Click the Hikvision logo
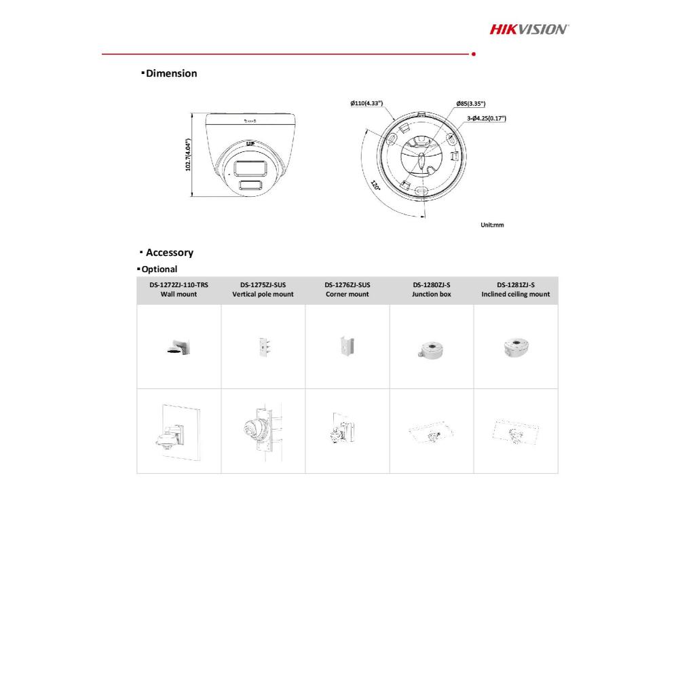click(529, 29)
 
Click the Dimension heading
click(171, 73)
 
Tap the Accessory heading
click(169, 252)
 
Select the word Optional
click(159, 269)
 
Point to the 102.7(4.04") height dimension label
click(189, 156)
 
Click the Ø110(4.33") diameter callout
click(367, 103)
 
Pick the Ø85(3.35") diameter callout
click(471, 104)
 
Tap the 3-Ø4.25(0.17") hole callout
click(486, 118)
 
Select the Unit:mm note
click(492, 225)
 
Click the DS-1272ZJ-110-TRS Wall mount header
click(179, 290)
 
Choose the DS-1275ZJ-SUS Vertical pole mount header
click(263, 290)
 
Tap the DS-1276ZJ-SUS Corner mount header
click(347, 290)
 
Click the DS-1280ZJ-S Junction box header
click(431, 290)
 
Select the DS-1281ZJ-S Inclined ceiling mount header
click(516, 290)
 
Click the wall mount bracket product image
click(180, 347)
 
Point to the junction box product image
click(431, 348)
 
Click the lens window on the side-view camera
click(250, 168)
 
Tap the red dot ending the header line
click(473, 54)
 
